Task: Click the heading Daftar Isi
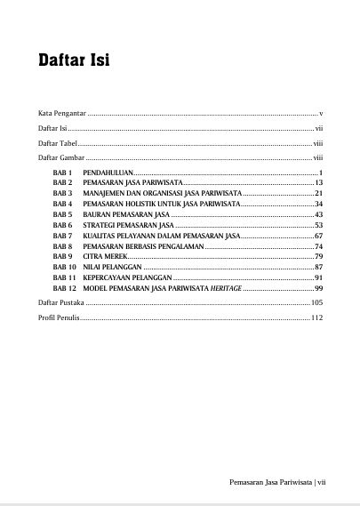click(74, 61)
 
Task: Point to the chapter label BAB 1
click(61, 171)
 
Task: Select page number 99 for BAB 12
click(317, 289)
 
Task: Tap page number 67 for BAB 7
click(317, 235)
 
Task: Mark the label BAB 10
click(63, 267)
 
